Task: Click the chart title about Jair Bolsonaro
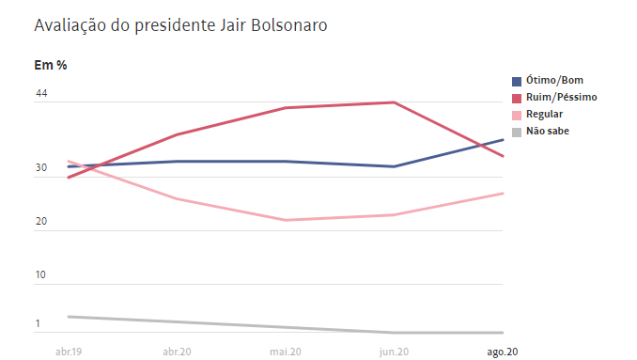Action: click(x=180, y=26)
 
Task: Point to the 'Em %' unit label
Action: click(x=50, y=65)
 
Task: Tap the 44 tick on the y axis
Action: click(x=41, y=93)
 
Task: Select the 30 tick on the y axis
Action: click(x=41, y=168)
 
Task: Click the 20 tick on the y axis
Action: click(x=41, y=222)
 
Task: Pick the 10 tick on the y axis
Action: click(x=41, y=275)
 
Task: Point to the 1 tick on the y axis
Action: click(x=39, y=324)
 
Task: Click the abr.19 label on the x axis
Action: click(x=69, y=351)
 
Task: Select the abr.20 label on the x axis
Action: click(x=177, y=351)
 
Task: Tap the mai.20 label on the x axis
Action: click(x=285, y=351)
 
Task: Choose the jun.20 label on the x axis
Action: click(x=393, y=351)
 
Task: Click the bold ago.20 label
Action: click(x=502, y=351)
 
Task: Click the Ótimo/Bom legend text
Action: click(x=555, y=81)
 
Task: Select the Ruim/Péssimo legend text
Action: click(x=561, y=98)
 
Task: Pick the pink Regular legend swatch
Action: click(x=517, y=115)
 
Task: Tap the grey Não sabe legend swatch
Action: click(x=517, y=132)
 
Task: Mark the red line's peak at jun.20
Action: click(x=395, y=102)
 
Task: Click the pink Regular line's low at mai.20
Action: click(x=285, y=220)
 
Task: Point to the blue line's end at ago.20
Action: click(x=503, y=139)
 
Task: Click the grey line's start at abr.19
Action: click(x=69, y=317)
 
